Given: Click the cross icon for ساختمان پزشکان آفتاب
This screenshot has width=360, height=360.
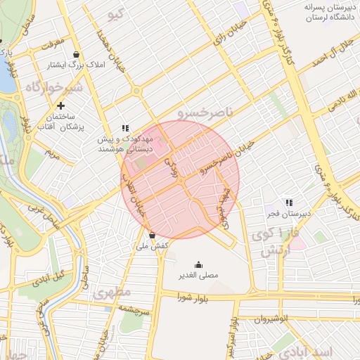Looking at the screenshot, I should (61, 105).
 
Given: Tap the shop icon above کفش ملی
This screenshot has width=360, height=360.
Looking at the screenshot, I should (153, 235).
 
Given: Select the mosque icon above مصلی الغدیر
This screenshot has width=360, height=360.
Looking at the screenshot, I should (198, 264).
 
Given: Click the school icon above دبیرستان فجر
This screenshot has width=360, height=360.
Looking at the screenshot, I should (288, 202).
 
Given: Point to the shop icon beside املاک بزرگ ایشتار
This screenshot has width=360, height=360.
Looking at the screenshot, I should (76, 54).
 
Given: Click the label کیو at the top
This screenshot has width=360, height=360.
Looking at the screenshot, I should (117, 14).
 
